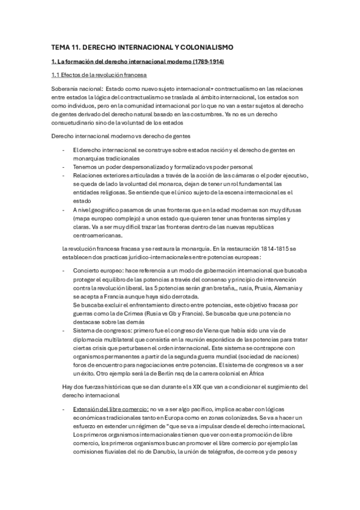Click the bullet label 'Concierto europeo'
pos(96,272)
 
